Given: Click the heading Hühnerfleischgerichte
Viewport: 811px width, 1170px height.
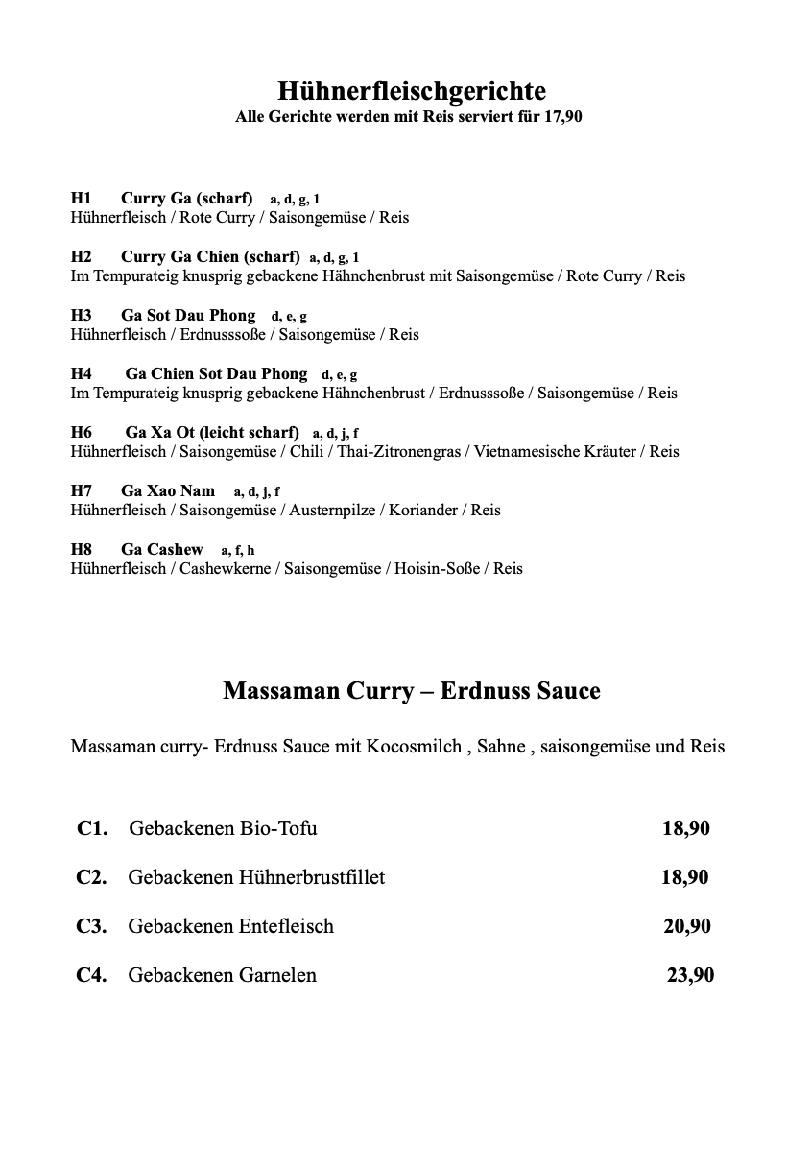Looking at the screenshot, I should (x=412, y=91).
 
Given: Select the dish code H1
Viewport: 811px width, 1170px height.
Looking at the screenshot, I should (x=81, y=199).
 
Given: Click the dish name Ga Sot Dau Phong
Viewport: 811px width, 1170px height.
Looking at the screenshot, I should (x=188, y=316).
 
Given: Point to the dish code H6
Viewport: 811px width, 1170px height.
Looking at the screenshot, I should (x=81, y=433).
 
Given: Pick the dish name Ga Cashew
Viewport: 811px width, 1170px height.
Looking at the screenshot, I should (x=162, y=550).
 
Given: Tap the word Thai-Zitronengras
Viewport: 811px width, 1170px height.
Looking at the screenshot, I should (x=398, y=452).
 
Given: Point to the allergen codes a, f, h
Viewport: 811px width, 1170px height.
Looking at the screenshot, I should (x=238, y=551).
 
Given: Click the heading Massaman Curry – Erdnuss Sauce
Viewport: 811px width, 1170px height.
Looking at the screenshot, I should (x=412, y=691).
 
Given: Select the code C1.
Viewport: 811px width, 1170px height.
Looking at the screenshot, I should (x=92, y=828).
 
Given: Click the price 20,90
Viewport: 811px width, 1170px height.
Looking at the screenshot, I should (x=687, y=926).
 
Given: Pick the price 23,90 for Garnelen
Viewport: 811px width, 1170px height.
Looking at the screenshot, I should (x=690, y=975).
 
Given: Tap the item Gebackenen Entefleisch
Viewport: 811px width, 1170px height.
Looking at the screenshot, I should (x=231, y=926).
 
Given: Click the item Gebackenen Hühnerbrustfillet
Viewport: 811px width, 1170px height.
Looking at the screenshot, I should (x=256, y=877).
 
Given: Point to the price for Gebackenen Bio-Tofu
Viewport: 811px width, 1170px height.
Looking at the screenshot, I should (x=686, y=828).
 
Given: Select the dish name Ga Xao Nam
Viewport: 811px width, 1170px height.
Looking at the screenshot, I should (x=168, y=491).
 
